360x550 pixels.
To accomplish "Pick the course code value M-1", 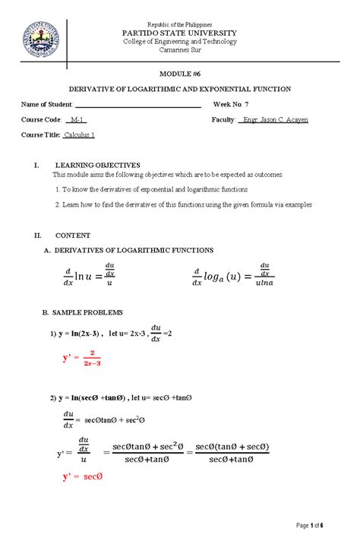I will (x=76, y=120).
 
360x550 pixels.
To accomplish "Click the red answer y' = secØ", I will (x=83, y=477).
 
